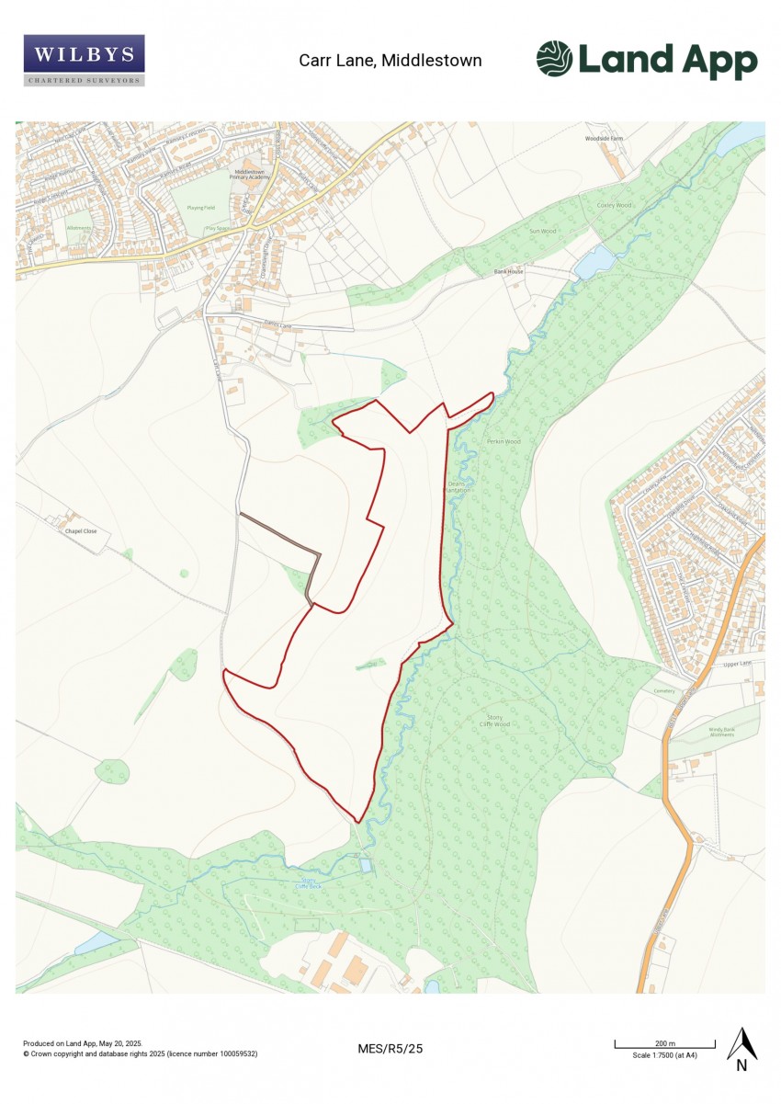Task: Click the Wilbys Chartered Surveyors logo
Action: pos(84,60)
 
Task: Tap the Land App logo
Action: pos(647,61)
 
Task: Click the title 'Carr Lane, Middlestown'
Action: pos(390,61)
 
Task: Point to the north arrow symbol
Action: pos(741,1050)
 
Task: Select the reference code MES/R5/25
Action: pos(390,1048)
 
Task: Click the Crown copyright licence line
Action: pos(140,1053)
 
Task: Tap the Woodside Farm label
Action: pos(604,139)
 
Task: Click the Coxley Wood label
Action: pos(614,205)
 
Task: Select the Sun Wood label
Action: pos(542,232)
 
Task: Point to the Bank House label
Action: pos(508,272)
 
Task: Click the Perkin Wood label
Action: pos(504,442)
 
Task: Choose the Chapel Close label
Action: pos(80,531)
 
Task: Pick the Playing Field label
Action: pos(201,208)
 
